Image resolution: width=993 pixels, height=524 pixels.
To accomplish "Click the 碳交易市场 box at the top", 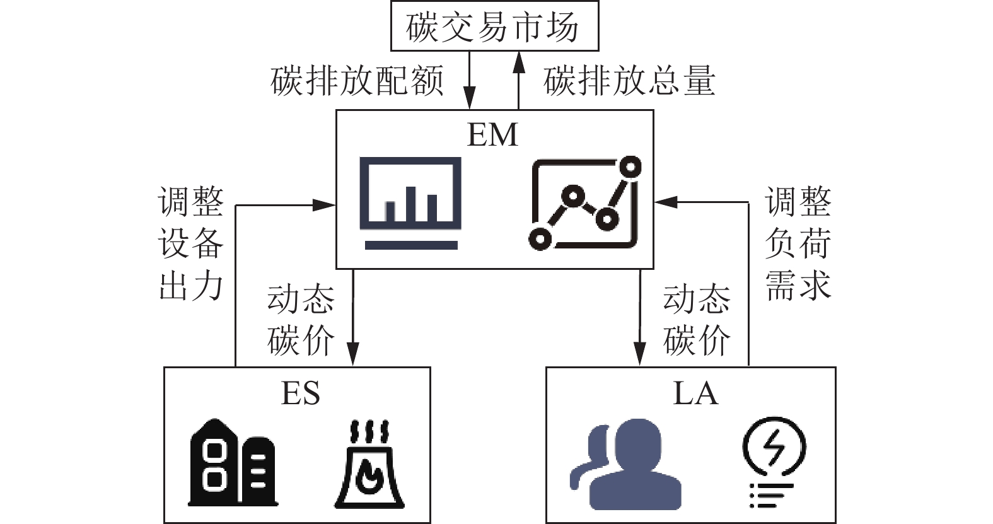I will tap(494, 26).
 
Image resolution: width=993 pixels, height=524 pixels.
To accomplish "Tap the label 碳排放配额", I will tap(357, 81).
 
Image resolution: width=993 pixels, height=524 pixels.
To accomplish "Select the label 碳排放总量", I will tap(629, 81).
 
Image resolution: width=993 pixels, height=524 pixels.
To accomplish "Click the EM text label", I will tap(492, 135).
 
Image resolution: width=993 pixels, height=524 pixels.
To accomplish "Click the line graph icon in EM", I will tap(584, 202).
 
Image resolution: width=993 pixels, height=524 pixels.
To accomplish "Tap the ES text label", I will tap(300, 393).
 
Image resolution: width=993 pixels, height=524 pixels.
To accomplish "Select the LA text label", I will tap(695, 393).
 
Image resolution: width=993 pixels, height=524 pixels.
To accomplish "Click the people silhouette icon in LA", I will tap(625, 464).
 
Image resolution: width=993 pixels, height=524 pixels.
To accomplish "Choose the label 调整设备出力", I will tap(191, 243).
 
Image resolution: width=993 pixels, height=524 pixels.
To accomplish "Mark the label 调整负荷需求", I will tap(798, 243).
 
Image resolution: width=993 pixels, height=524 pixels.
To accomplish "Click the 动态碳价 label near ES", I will tap(300, 320).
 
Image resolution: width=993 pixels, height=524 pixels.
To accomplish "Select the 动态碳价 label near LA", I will tap(696, 320).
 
